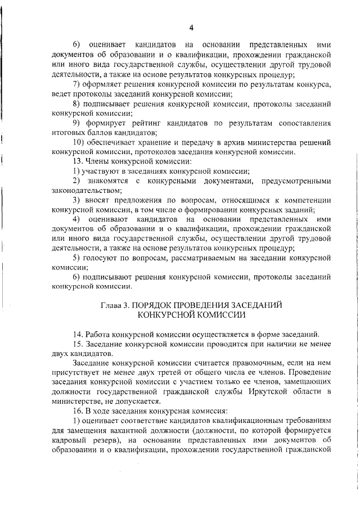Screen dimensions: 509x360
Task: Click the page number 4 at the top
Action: tap(191, 28)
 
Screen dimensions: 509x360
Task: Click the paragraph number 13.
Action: tap(78, 161)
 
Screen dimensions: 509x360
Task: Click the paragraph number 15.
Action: tap(78, 344)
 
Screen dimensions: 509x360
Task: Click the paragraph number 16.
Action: tap(78, 411)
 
